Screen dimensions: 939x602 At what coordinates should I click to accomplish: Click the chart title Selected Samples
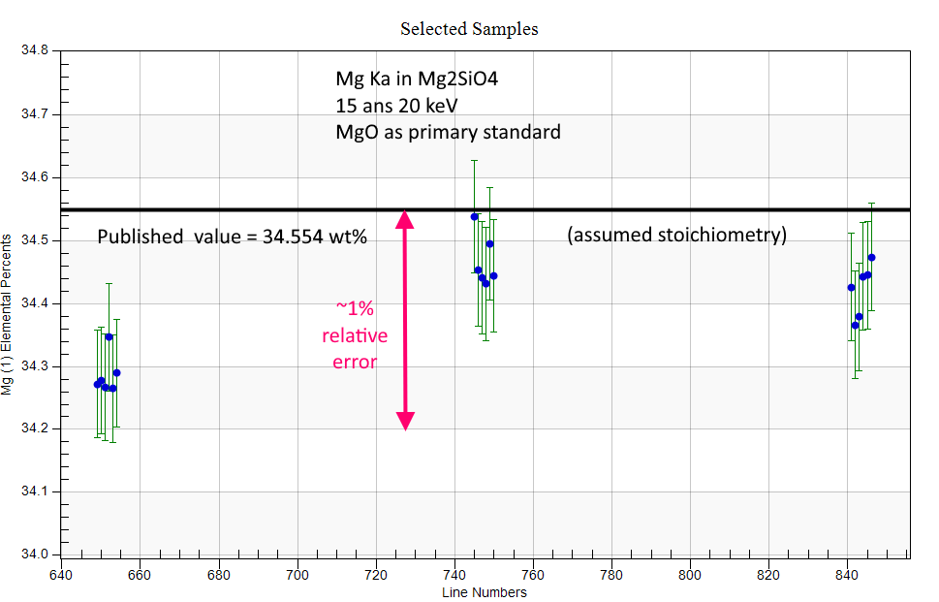[469, 29]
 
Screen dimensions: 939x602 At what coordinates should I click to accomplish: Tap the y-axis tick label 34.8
[35, 50]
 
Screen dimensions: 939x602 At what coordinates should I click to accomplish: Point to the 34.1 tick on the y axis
[35, 491]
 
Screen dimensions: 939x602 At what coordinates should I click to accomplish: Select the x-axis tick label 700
[297, 575]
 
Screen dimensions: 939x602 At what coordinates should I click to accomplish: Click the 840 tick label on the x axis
[847, 575]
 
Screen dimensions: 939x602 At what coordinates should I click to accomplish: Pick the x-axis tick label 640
[61, 575]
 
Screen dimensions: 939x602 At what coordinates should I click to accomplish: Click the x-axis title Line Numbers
[485, 592]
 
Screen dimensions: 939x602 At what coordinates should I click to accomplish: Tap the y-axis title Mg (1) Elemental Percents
[7, 314]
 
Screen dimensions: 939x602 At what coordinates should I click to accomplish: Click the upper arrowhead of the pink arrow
[405, 219]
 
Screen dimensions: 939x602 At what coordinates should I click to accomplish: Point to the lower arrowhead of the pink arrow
[405, 421]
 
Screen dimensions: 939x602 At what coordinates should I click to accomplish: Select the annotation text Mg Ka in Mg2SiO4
[417, 79]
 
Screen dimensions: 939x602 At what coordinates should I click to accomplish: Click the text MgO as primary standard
[448, 132]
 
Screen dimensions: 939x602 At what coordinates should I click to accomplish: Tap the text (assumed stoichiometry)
[676, 235]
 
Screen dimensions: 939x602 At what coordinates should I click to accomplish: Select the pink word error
[355, 362]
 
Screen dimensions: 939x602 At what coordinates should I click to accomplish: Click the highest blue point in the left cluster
[109, 336]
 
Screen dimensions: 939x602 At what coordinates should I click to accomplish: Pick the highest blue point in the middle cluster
[474, 217]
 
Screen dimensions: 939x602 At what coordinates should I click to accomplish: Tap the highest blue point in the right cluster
[871, 258]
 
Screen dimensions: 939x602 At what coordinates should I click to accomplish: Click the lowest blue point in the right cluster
[855, 326]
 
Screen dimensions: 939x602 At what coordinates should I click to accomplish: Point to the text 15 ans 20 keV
[396, 106]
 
